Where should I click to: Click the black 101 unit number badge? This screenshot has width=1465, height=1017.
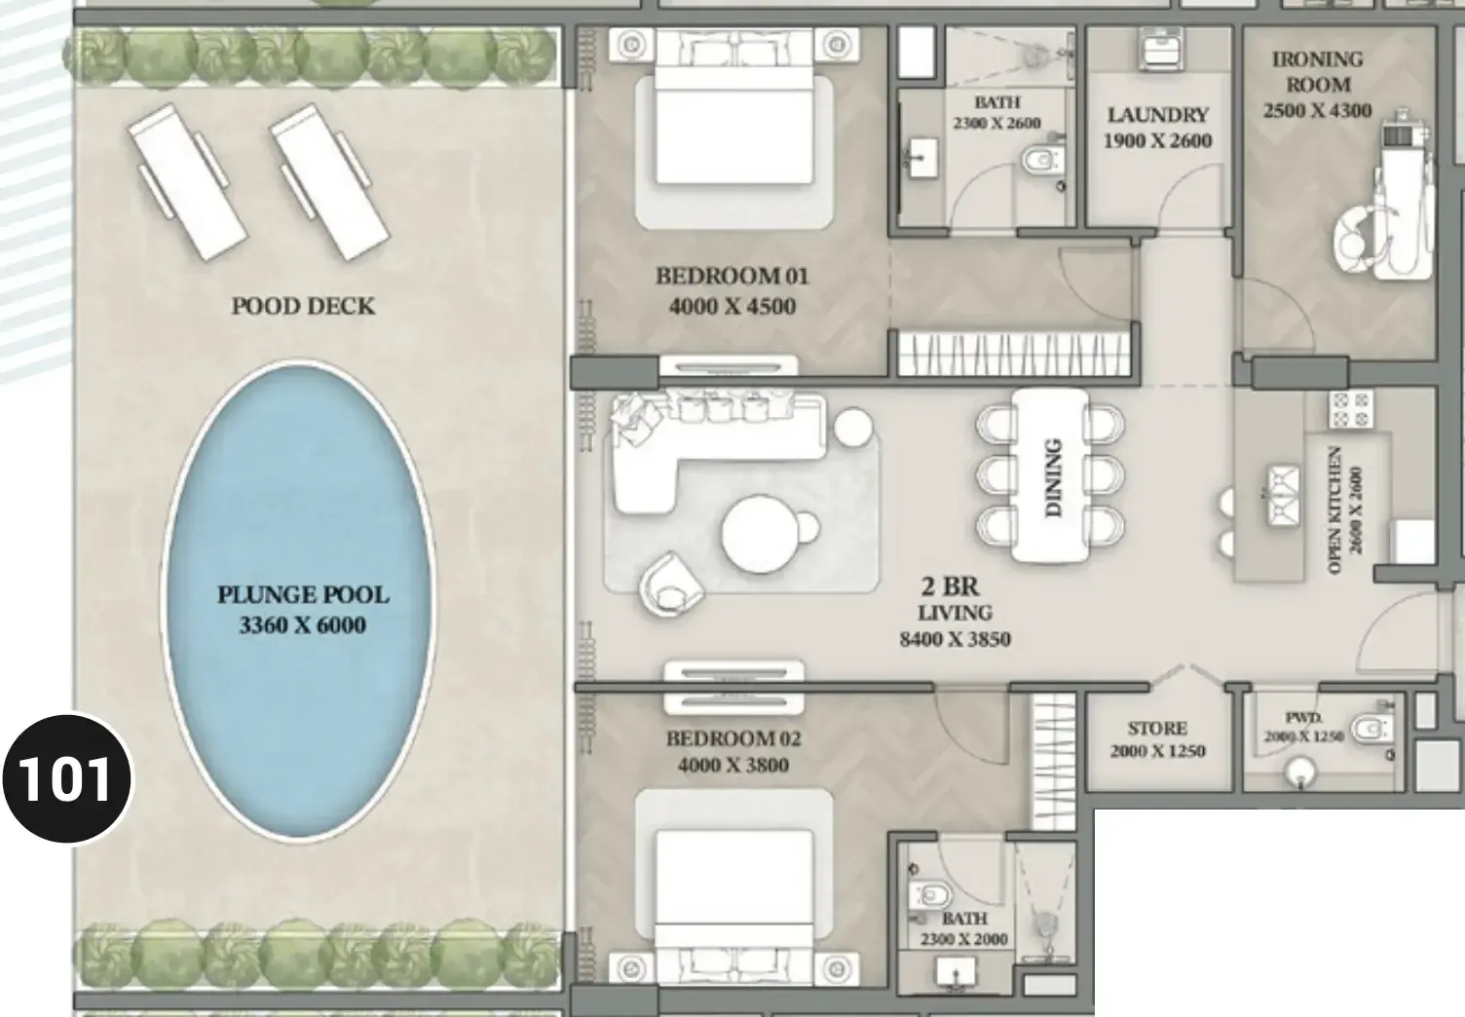coord(66,778)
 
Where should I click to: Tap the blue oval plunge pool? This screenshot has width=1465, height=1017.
coord(298,600)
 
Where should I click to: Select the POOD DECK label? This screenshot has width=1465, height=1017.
coord(304,306)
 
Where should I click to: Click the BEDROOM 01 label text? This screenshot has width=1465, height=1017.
coord(732,276)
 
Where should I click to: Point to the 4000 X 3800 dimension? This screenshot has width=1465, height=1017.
coord(733,765)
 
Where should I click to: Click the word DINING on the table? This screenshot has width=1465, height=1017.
coord(1053,477)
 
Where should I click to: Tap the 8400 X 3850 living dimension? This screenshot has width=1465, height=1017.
coord(955,639)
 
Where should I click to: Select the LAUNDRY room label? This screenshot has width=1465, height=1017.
coord(1157,115)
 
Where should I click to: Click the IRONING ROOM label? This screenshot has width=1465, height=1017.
coord(1317,72)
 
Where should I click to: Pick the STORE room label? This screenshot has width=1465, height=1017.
coord(1157,728)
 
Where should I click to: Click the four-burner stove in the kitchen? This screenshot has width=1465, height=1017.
coord(1350,409)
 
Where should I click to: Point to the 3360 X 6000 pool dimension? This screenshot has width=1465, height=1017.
coord(302,625)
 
